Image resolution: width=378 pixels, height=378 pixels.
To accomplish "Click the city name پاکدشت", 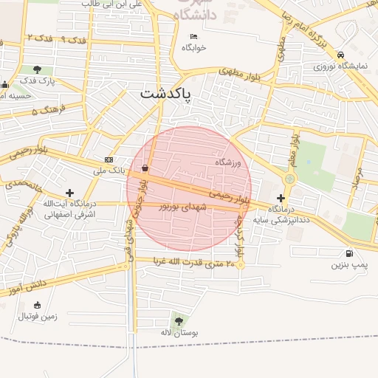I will tap(165, 95).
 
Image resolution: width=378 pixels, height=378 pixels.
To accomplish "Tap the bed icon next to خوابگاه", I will tap(193, 36).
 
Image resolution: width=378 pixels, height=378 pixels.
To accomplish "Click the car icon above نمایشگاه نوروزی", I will tap(340, 55).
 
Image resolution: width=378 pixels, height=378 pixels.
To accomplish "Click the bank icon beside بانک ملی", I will tap(109, 160).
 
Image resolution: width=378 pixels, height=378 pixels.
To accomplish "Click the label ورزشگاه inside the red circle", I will tap(229, 162).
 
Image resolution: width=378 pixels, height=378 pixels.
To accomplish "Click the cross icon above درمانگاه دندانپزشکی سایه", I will tap(281, 198).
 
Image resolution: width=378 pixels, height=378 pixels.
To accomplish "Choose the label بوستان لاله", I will tap(179, 334).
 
